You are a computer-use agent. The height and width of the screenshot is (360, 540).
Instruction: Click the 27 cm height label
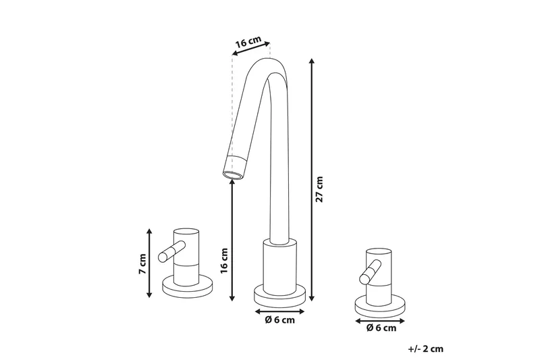(321, 190)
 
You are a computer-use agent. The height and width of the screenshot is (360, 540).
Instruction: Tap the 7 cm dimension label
(142, 263)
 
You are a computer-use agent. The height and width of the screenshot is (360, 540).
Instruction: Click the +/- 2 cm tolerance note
(425, 349)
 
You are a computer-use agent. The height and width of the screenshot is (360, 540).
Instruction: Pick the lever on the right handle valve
(369, 274)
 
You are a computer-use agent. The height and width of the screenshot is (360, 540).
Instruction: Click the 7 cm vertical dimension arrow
(150, 263)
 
